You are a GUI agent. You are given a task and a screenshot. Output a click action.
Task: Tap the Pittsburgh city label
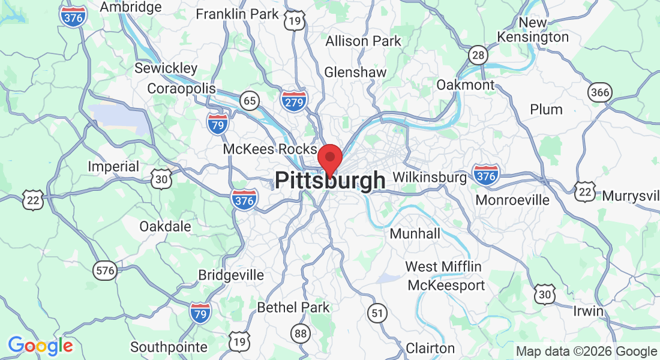click(330, 181)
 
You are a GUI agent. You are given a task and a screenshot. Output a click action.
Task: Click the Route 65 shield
click(250, 100)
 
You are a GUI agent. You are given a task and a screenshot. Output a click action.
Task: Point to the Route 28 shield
click(478, 55)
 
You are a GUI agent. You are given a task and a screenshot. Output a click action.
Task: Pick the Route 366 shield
click(600, 92)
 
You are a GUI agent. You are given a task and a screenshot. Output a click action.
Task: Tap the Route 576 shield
click(105, 271)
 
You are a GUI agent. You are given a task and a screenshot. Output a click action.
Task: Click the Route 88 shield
click(300, 332)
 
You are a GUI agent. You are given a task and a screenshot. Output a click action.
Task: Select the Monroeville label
click(512, 200)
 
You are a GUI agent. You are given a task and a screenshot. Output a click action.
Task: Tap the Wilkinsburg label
click(430, 178)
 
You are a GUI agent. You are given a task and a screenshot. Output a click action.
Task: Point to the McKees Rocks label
click(269, 149)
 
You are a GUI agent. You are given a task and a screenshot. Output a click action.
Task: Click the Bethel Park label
click(293, 308)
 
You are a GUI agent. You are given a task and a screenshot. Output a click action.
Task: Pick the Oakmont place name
click(465, 85)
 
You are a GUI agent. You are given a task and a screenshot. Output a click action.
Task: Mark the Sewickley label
click(166, 68)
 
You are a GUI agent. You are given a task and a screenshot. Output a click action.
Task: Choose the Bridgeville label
click(231, 275)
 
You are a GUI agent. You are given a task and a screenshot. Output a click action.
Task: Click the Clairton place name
click(430, 348)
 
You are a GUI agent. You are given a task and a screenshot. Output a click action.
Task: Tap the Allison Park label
click(364, 41)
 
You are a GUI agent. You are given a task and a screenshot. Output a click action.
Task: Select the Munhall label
click(415, 233)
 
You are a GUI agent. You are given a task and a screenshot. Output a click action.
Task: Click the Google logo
click(40, 346)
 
